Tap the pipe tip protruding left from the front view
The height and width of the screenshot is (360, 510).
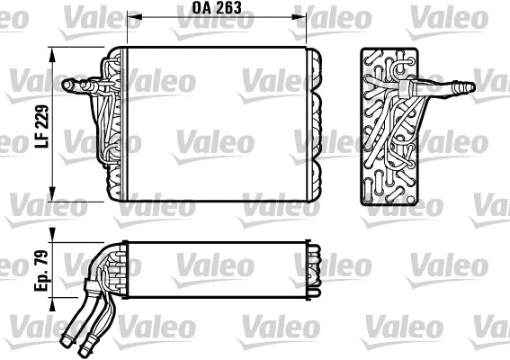pyautogui.click(x=66, y=86)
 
